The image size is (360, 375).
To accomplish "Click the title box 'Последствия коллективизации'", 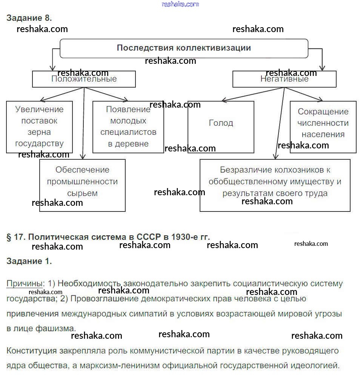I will pos(184,48).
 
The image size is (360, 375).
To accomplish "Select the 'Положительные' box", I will pos(84,79).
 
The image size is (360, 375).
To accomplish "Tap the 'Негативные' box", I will pos(284,79).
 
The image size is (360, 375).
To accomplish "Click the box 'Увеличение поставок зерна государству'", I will pos(39,127).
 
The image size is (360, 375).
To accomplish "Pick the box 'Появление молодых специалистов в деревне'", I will pos(128,127).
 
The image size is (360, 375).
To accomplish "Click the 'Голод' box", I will pos(221,123).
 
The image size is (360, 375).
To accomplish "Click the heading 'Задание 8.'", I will pos(29,18).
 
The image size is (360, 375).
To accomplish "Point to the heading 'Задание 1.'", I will pos(29,261).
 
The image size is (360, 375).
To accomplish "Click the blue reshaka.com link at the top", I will pos(180,4).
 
